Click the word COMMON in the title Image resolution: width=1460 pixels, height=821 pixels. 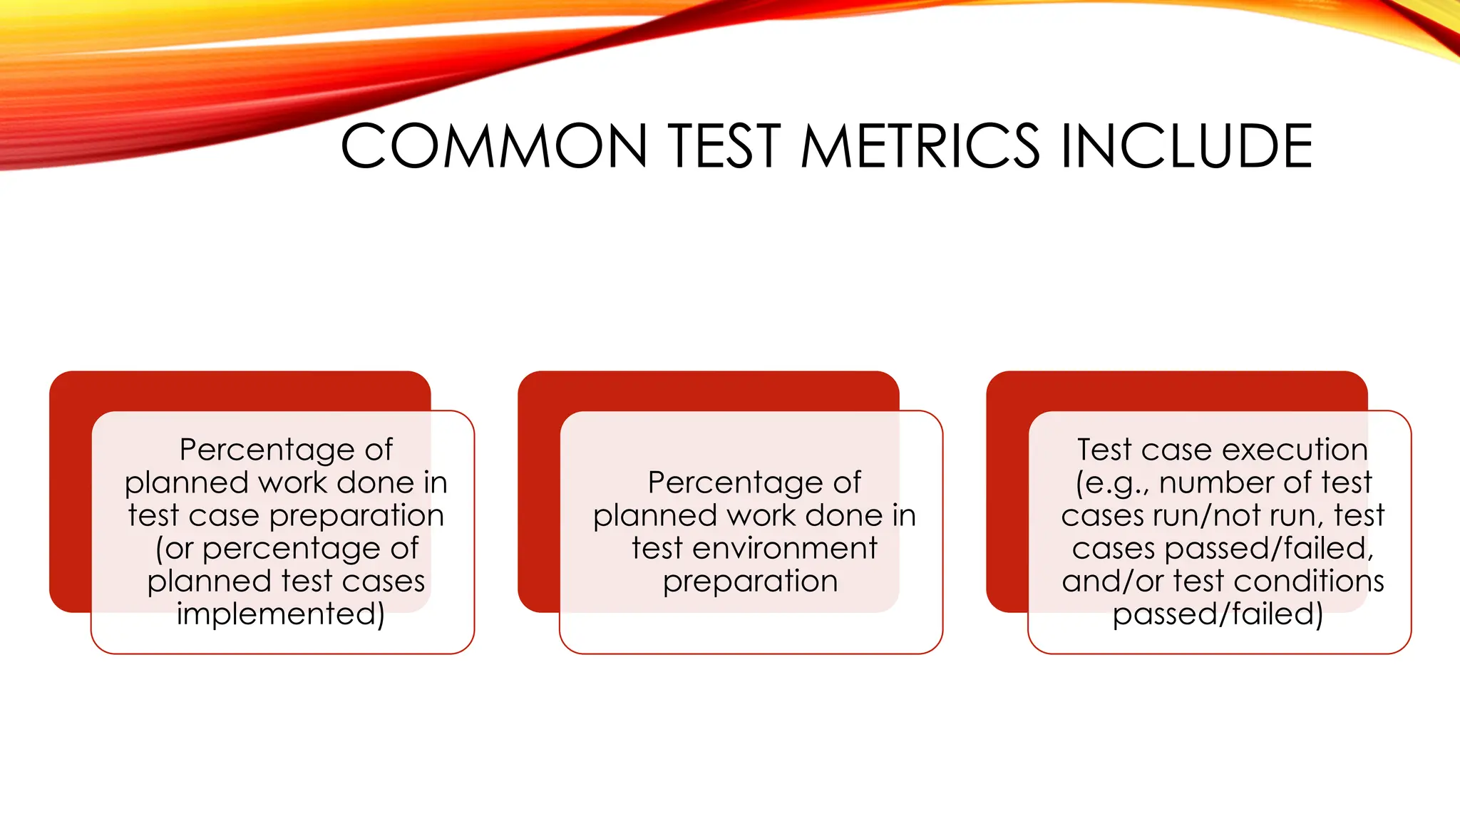[494, 146]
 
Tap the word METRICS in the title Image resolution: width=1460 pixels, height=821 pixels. [920, 146]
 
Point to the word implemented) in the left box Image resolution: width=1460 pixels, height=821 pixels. [281, 614]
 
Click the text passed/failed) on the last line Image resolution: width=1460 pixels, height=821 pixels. [1218, 614]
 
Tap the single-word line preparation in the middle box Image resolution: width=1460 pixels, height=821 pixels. [750, 582]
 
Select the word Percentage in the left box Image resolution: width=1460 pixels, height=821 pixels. [267, 450]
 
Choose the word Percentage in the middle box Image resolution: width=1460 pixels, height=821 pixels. [735, 483]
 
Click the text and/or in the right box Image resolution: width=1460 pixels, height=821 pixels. [1113, 582]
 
